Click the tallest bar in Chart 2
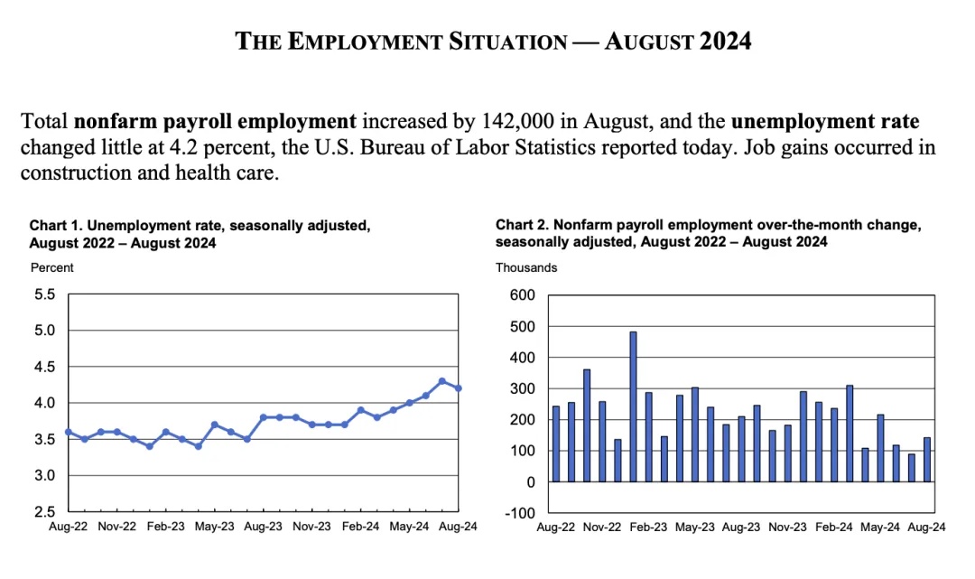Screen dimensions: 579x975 point(633,406)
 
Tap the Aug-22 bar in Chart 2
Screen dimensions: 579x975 point(556,444)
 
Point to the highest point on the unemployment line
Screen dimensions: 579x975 point(441,381)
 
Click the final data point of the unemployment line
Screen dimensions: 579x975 point(458,388)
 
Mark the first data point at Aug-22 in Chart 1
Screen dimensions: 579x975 point(69,432)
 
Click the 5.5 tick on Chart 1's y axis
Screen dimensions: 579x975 point(45,294)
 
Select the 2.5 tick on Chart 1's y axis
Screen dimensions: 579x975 point(45,511)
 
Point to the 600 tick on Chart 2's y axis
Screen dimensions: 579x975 point(523,295)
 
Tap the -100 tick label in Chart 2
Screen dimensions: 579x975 point(520,513)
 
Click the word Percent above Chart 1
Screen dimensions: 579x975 point(52,267)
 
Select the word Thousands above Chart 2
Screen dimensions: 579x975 point(526,267)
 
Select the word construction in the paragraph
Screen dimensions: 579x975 point(71,172)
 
